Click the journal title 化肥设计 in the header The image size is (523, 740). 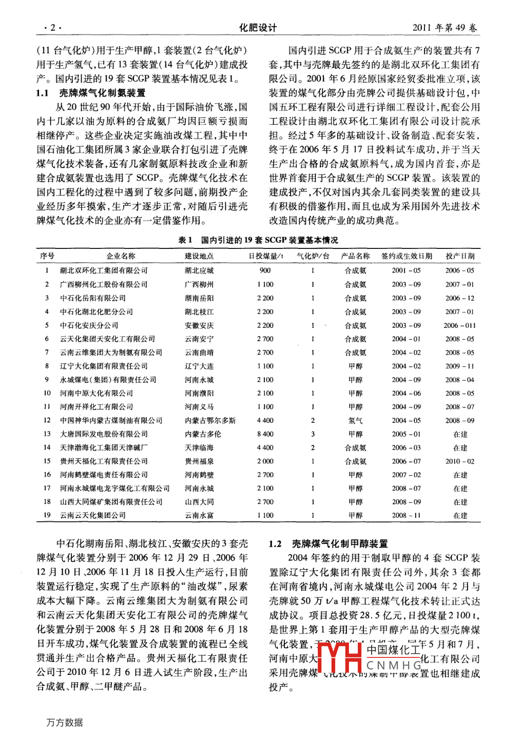258,28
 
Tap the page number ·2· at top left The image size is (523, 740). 52,28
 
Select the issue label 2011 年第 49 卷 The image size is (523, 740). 444,28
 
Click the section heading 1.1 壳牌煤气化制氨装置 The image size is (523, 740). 91,93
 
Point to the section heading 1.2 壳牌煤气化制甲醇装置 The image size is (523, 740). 328,544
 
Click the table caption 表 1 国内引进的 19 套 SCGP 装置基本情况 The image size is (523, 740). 258,240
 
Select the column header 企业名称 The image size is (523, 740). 121,256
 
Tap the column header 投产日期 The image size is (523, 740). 460,256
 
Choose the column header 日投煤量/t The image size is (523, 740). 265,256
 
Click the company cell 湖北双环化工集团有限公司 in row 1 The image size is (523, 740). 104,270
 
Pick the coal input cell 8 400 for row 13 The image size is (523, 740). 265,434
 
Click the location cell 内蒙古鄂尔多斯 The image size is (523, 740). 210,420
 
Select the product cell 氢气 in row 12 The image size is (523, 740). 355,420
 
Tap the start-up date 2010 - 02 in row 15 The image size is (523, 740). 460,461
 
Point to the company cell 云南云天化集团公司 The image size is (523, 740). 93,515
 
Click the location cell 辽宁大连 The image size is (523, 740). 199,366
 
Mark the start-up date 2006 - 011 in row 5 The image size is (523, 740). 460,325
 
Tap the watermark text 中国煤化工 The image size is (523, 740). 393,650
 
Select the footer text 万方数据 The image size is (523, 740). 65,723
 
